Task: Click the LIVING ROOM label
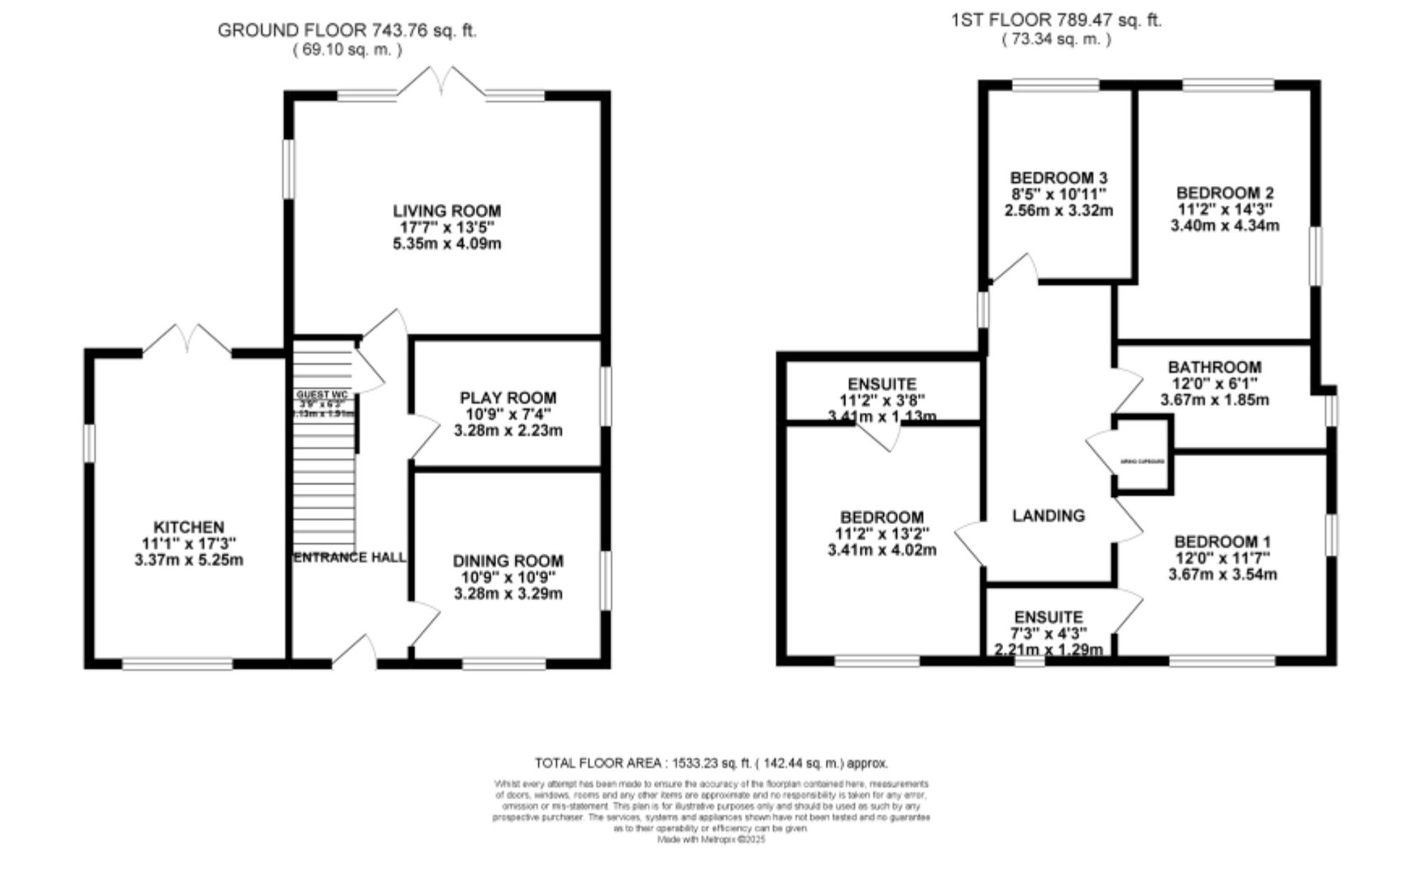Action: (447, 211)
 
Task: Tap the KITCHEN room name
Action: (188, 527)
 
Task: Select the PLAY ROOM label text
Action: (508, 397)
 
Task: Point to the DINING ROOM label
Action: (508, 561)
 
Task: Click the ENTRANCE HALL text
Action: (349, 557)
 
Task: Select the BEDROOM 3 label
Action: (1059, 177)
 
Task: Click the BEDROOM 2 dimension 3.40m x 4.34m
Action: (1225, 226)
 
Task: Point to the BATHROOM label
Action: (1214, 367)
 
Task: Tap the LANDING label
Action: (1048, 515)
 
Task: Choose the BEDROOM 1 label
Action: (1222, 541)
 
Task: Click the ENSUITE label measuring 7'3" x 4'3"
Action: (1048, 617)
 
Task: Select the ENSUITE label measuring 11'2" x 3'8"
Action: (882, 384)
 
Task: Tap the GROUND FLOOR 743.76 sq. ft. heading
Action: (346, 31)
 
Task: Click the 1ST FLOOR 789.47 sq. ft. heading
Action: (1056, 21)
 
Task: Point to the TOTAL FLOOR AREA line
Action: (711, 764)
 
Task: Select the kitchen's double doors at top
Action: (187, 340)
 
